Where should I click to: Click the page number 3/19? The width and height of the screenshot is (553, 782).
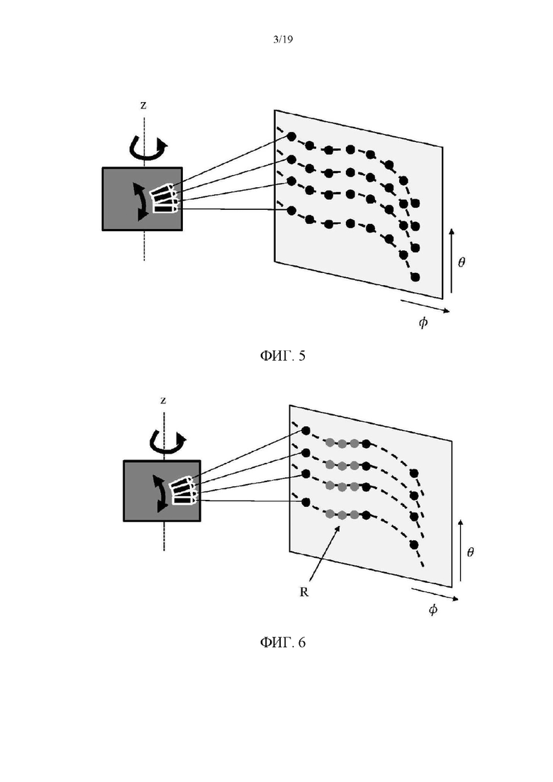tap(283, 40)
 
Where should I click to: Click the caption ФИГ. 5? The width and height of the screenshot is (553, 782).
tap(282, 356)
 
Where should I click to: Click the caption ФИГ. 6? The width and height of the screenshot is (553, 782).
tap(282, 642)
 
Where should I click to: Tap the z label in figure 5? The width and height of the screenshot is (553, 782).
tap(144, 105)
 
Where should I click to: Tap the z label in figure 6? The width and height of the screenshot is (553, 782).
tap(163, 401)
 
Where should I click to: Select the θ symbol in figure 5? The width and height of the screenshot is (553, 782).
tap(462, 262)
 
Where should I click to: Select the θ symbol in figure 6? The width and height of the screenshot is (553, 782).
tap(470, 552)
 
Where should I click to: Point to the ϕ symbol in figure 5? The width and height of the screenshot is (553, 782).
tap(423, 322)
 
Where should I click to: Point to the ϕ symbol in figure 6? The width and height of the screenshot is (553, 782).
tap(432, 609)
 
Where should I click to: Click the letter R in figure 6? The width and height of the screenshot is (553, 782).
tap(303, 592)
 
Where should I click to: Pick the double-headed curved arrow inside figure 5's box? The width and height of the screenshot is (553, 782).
tap(141, 201)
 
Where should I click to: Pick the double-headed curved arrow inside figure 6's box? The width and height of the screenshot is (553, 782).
tap(160, 493)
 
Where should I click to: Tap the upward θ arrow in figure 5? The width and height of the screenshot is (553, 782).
tap(452, 261)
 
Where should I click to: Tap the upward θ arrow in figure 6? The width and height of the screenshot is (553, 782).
tap(460, 551)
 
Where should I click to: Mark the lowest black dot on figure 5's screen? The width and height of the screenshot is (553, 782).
tap(415, 277)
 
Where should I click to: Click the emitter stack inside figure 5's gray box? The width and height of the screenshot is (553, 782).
tap(164, 199)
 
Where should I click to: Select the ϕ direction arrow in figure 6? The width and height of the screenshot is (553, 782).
tap(435, 594)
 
